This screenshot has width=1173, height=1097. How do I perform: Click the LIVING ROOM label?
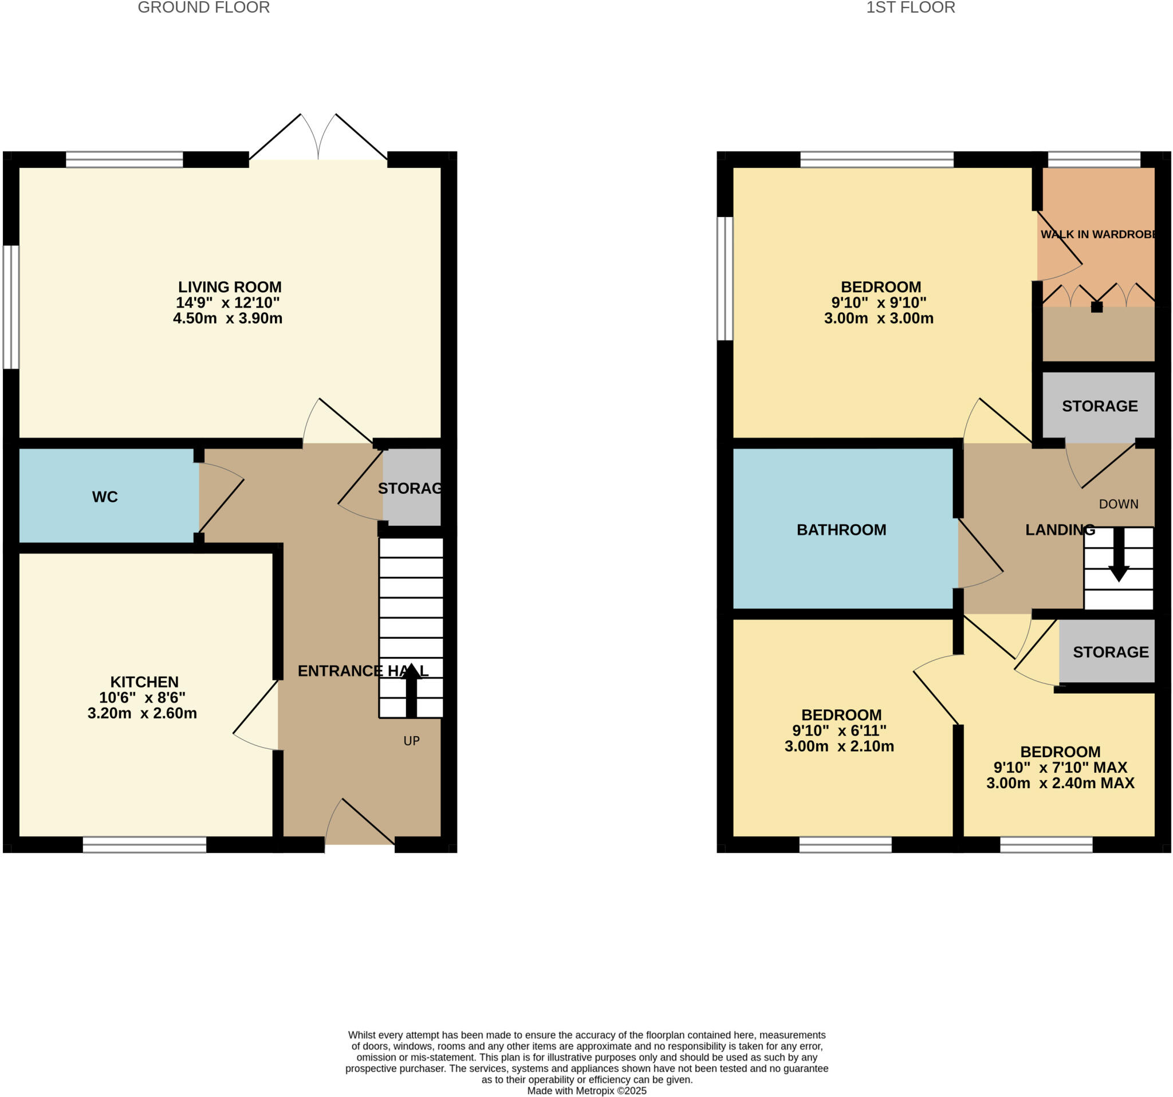[230, 287]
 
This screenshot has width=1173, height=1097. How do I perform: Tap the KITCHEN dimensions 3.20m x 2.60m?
[142, 713]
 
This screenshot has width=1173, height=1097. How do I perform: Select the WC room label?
[105, 497]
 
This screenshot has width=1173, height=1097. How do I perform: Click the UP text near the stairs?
[411, 741]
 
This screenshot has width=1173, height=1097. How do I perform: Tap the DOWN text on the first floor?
[1118, 504]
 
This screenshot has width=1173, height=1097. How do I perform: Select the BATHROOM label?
[841, 530]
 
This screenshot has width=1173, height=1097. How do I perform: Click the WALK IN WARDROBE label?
[1098, 234]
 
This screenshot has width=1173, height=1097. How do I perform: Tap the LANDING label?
[1060, 530]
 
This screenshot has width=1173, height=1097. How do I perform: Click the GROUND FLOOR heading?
[203, 7]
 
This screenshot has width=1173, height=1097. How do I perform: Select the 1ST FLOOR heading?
[911, 7]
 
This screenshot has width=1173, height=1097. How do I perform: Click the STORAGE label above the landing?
[1100, 406]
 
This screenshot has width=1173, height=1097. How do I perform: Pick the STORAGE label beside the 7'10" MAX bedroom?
[1111, 652]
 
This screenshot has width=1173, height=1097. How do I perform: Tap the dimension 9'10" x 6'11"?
[839, 730]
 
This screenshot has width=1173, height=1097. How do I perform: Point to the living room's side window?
[11, 307]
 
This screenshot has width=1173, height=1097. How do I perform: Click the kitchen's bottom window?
[144, 844]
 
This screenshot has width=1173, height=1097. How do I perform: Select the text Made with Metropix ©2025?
[586, 1091]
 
